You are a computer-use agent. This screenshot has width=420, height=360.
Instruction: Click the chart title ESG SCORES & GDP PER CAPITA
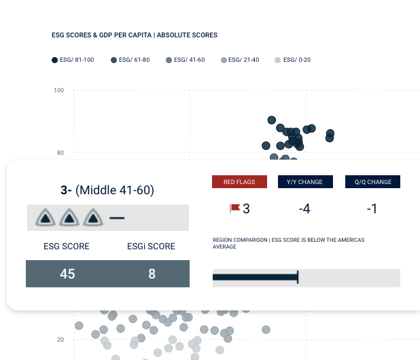click(135, 35)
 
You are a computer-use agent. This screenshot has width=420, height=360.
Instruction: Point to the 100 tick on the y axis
click(59, 90)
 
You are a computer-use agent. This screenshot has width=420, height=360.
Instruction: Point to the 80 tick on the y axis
click(60, 153)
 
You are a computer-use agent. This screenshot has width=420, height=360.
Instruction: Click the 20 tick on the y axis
click(60, 340)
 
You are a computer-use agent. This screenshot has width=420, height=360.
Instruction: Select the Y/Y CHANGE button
click(305, 182)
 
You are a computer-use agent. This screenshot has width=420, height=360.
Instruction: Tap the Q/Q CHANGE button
click(372, 182)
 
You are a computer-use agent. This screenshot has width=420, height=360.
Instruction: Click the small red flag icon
click(234, 209)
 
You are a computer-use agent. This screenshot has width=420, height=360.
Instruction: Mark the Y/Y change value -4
click(304, 209)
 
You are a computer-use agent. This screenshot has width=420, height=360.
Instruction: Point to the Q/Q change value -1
click(372, 209)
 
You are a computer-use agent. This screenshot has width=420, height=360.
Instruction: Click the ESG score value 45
click(67, 274)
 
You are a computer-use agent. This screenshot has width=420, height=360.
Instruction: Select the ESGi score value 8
click(152, 274)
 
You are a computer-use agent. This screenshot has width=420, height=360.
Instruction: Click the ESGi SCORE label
click(152, 246)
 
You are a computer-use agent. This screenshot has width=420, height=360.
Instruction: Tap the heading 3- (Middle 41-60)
click(107, 191)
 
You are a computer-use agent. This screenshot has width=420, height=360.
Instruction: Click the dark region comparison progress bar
click(256, 276)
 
